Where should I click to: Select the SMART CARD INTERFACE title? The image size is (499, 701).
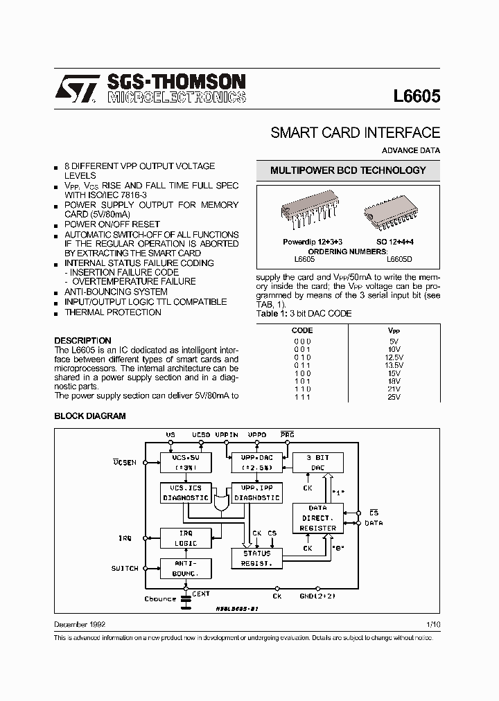click(355, 133)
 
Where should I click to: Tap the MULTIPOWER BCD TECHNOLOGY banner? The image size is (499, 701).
click(348, 170)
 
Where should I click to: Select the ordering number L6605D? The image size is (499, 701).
click(399, 259)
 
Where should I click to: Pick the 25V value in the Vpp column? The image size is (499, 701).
click(394, 397)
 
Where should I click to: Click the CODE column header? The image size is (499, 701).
click(302, 331)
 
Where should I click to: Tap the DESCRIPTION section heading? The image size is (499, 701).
click(82, 340)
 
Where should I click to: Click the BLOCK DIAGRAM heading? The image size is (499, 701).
click(90, 416)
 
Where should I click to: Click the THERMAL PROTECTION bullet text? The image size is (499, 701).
click(113, 312)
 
